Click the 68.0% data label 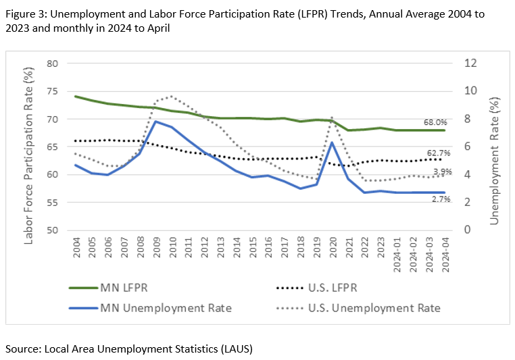435,122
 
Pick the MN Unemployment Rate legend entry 150,308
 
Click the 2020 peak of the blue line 332,143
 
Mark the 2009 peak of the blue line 156,122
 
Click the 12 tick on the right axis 470,63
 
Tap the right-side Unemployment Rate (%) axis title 495,151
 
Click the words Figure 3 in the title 27,14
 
